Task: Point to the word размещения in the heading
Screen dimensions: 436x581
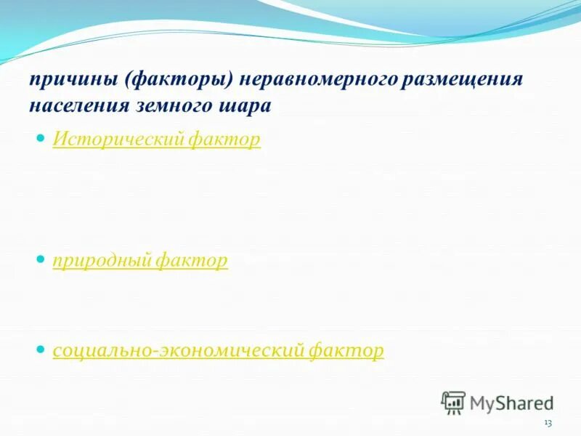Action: pyautogui.click(x=462, y=79)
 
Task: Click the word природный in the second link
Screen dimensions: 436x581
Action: pyautogui.click(x=99, y=260)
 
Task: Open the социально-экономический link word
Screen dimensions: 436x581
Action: pyautogui.click(x=177, y=351)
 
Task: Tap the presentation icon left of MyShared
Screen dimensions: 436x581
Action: pyautogui.click(x=453, y=402)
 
